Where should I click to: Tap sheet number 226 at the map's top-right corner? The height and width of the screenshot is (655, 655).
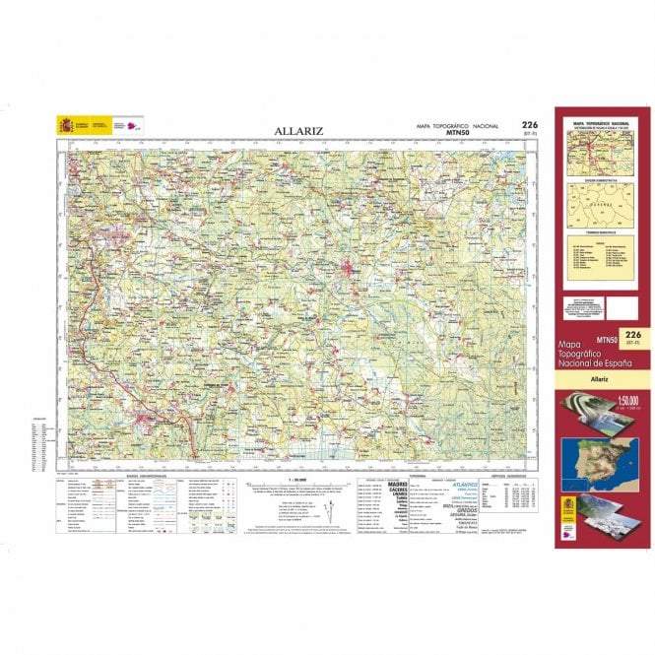point(530,125)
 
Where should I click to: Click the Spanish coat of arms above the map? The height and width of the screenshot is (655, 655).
point(66,126)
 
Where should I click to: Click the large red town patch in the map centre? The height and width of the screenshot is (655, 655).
point(349,266)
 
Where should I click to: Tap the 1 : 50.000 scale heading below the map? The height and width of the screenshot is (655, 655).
point(293,482)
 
